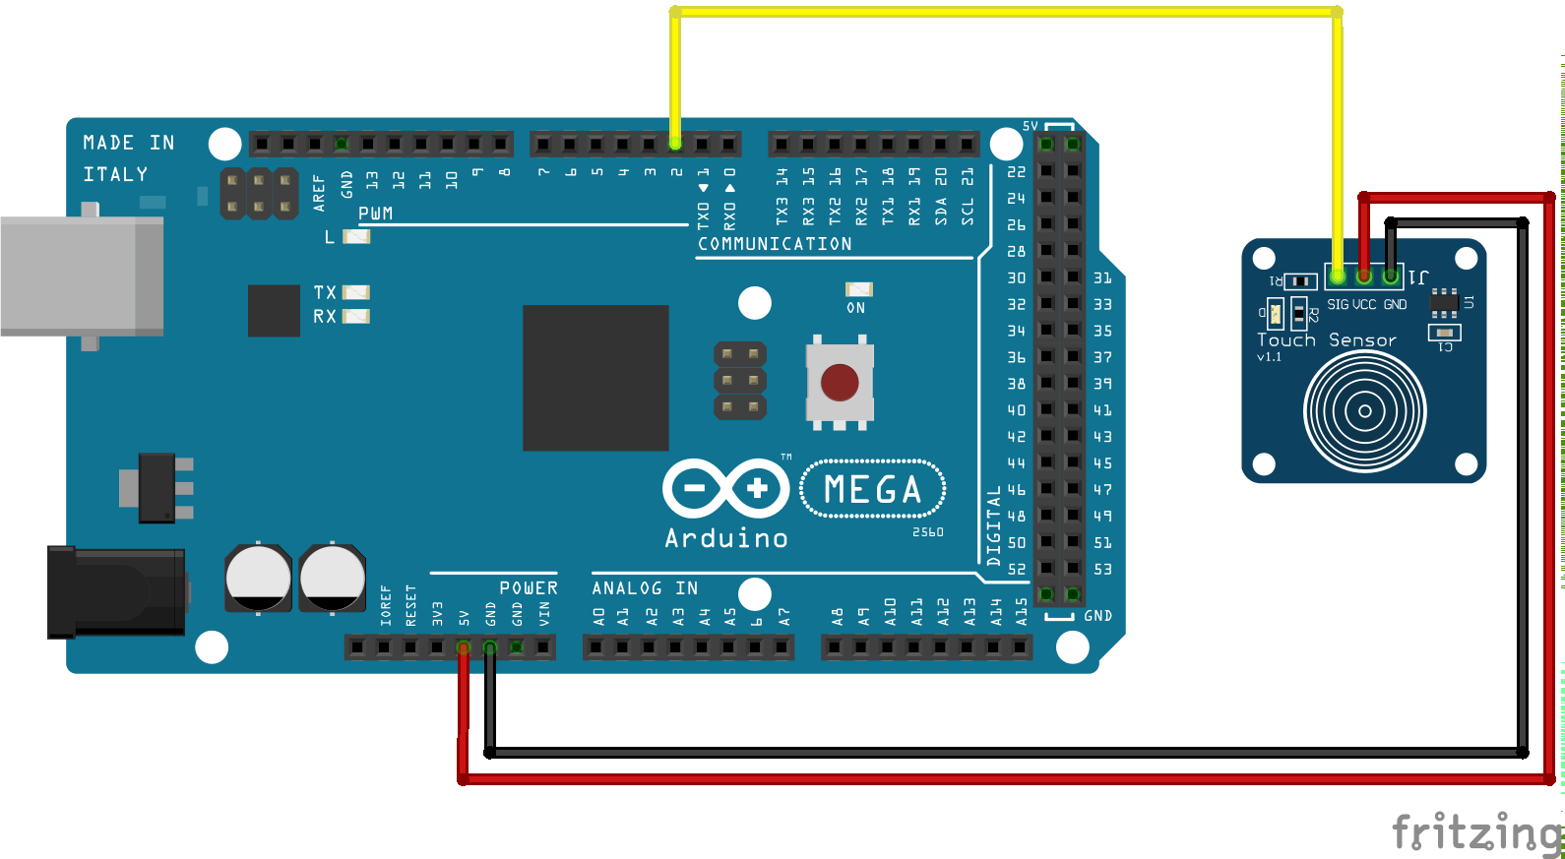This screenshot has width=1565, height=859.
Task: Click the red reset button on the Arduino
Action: [840, 383]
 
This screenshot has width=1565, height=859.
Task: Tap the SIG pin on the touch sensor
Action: [1337, 276]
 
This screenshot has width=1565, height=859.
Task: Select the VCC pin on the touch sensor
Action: [1363, 276]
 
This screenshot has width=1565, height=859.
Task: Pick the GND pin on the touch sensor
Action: [1390, 276]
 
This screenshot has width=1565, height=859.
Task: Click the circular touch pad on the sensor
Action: [1364, 411]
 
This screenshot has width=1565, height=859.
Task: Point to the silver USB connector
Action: [82, 276]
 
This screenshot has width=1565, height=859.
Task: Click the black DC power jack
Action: [116, 592]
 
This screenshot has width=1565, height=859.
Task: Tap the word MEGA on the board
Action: [873, 489]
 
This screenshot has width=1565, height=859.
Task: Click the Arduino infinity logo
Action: [726, 488]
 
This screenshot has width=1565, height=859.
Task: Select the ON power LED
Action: [858, 289]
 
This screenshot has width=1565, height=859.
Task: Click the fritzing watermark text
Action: [1476, 832]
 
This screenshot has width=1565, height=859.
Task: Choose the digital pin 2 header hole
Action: [675, 145]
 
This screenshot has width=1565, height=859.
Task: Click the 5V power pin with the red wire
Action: [464, 647]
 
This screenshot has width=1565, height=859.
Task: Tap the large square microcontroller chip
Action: [595, 378]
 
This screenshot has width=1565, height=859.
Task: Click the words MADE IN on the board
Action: [129, 143]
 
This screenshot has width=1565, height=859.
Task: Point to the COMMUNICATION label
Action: [775, 244]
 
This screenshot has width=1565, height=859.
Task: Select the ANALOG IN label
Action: [645, 588]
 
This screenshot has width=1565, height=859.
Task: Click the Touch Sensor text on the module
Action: [1326, 340]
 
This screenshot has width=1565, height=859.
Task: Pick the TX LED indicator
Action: [355, 292]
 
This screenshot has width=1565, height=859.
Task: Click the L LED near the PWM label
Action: [355, 236]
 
